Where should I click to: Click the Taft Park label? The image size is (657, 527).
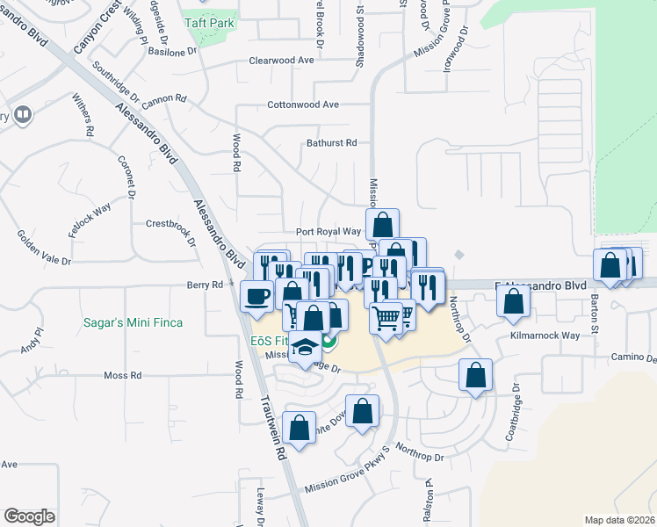click(210, 23)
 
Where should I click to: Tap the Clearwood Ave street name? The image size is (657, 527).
click(281, 60)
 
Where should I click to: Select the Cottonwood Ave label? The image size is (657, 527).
click(303, 105)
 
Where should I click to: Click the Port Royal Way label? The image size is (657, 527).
click(328, 232)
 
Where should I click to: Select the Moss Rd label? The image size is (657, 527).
click(122, 375)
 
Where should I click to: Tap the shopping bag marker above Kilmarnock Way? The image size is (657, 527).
click(513, 300)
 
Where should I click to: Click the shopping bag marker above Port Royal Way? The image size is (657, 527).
click(382, 223)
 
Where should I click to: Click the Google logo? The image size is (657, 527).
click(29, 516)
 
